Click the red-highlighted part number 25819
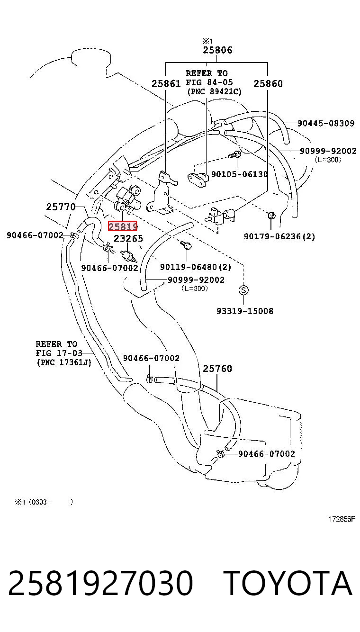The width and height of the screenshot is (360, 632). coord(122,226)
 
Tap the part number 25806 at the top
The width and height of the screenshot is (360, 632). coord(217,50)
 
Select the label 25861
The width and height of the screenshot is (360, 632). coord(166,83)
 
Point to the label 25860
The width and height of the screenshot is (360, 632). coord(268,83)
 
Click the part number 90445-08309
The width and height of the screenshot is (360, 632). coord(326,123)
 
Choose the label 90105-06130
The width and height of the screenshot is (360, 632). coord(240,174)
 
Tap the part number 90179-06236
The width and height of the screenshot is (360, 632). coord(273,236)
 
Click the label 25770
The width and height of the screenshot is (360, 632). coord(61,207)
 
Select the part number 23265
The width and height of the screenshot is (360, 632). coord(128,239)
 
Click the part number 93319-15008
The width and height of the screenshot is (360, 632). coord(245,311)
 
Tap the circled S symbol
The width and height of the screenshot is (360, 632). coord(243,290)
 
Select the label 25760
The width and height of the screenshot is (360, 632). coord(217,369)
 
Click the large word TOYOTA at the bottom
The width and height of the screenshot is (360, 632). coord(288,583)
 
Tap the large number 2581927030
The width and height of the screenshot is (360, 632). coord(101,583)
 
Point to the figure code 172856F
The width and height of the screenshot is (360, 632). coord(342,519)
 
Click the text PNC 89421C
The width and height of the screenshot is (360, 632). coord(215,92)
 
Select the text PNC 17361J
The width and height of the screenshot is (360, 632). coord(64,362)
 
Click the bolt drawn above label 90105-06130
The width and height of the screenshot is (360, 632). coord(235,154)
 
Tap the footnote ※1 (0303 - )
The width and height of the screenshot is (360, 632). coord(44,502)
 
